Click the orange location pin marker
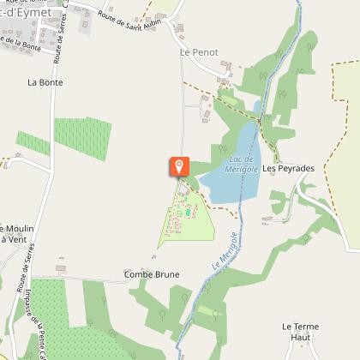[179, 166]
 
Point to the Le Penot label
[199, 52]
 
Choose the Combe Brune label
[152, 274]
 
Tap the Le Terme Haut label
[300, 332]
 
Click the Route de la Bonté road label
[21, 39]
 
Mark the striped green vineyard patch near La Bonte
[82, 137]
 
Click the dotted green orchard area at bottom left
[47, 309]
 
